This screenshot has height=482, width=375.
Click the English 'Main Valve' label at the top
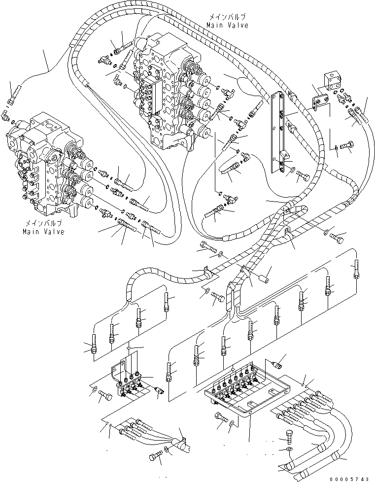[x=227, y=24]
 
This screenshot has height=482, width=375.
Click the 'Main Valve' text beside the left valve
[x=43, y=232]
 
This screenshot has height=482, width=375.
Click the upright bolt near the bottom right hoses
[x=291, y=438]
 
